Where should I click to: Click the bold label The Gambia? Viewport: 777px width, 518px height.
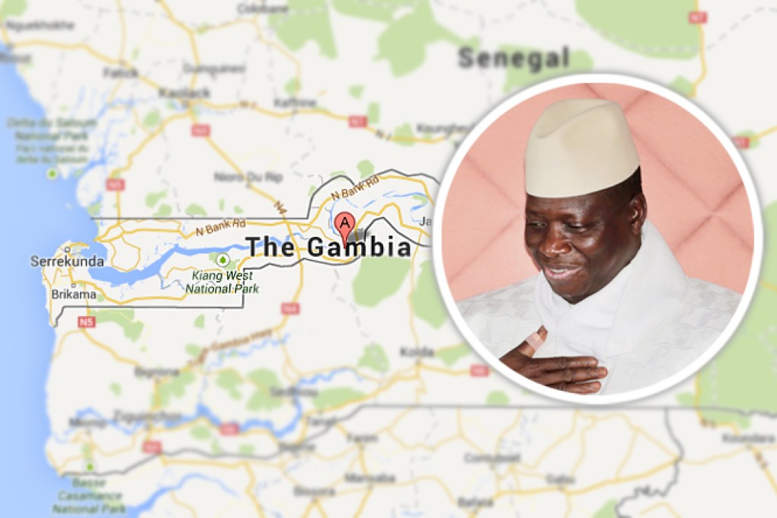coord(328,247)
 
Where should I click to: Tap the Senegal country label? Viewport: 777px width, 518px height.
coord(514,58)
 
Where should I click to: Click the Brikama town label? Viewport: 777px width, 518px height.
coord(74,294)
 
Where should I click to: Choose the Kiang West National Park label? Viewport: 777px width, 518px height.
coord(222,282)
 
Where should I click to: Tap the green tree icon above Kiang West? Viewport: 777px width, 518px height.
coord(222,260)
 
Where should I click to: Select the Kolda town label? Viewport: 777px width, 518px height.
coord(417,352)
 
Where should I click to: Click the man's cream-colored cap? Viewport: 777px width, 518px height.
coord(581,145)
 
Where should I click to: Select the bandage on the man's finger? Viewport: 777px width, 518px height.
coord(536,341)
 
